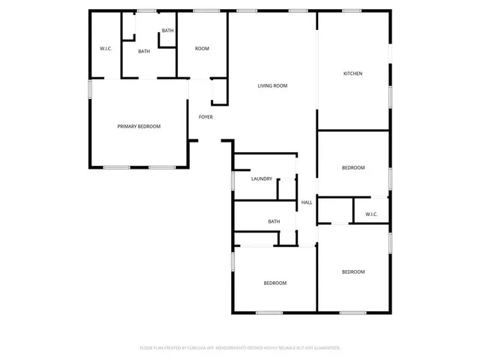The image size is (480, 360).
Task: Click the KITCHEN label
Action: tap(352, 73)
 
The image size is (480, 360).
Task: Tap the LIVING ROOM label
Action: tap(272, 86)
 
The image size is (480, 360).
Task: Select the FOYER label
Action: tap(205, 117)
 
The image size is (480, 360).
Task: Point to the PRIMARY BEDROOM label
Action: tap(139, 127)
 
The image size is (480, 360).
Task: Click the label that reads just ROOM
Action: tap(202, 49)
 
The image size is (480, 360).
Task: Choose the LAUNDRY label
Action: tap(261, 178)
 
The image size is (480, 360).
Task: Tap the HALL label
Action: tap(307, 202)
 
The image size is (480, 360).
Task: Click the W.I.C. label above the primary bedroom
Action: tap(106, 49)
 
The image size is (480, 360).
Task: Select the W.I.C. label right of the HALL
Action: tap(371, 214)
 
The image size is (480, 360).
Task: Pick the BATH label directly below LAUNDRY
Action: tap(274, 221)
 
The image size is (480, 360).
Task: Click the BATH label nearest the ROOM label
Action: tap(167, 31)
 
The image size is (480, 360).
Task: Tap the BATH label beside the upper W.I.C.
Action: tap(143, 52)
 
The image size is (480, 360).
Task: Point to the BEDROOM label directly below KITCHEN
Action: tap(353, 168)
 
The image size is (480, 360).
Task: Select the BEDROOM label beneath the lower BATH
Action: tap(274, 283)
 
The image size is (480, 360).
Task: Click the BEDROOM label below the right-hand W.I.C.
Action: tap(353, 271)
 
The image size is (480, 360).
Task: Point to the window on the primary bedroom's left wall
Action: tap(90, 88)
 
